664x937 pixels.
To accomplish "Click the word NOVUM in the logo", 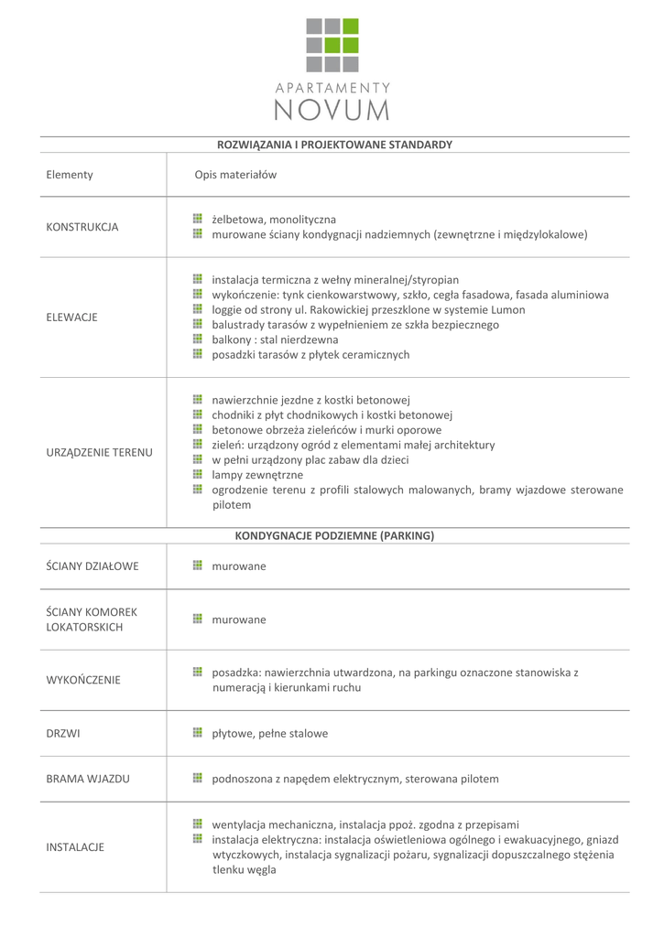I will [332, 110].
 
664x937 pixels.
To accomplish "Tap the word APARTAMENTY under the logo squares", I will [332, 88].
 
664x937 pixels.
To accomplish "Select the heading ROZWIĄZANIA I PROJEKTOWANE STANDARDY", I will [334, 145].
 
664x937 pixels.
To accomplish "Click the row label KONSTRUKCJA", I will [82, 227].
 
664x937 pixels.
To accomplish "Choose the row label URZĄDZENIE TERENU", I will [99, 452].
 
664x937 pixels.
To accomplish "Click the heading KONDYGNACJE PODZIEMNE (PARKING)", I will [334, 535].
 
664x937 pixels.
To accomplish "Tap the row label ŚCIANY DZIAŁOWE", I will [93, 566].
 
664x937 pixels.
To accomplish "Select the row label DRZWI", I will [62, 733].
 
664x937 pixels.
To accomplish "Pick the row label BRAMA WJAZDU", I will [88, 779].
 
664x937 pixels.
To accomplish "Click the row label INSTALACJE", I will [75, 847].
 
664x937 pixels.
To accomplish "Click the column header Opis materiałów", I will [235, 175].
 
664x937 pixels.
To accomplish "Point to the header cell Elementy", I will [70, 175].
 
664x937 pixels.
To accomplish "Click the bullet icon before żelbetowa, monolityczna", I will [197, 219].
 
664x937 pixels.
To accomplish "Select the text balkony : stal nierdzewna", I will [275, 339].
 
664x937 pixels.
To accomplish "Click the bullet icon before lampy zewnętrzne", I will [197, 474].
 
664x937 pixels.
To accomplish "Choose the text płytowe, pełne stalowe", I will [269, 733].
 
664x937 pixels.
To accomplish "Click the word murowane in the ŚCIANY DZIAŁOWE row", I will [239, 566].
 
